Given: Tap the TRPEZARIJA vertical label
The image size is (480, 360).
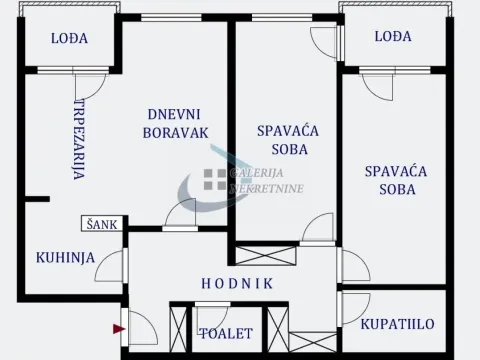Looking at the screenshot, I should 79,140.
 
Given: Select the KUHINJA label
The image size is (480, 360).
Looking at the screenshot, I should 66,257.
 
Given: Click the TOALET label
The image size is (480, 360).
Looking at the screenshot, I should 226,333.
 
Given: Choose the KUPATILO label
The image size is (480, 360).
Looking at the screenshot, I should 397,325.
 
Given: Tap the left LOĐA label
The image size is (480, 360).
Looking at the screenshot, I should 70,38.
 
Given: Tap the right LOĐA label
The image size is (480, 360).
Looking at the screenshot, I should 393,37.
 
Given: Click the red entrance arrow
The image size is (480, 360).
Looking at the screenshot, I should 119,327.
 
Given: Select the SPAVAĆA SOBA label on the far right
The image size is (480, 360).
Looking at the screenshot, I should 396,180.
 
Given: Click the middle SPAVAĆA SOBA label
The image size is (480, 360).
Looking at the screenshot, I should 282,139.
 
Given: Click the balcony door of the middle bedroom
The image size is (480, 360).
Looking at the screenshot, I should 325,43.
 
